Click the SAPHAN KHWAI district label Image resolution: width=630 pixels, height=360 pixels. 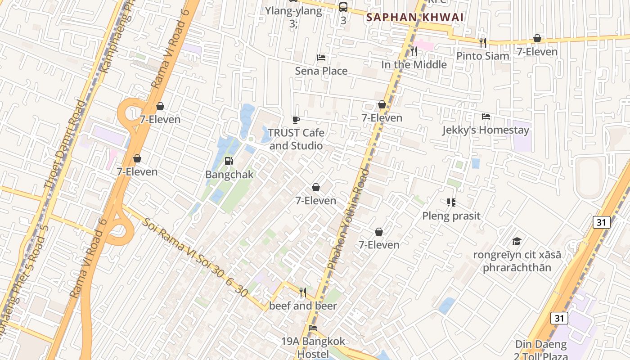(414, 18)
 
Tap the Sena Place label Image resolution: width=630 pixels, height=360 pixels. (321, 71)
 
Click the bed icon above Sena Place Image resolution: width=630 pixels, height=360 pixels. (321, 58)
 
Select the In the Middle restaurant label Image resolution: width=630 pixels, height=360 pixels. (414, 64)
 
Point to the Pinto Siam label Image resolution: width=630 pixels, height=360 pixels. (483, 56)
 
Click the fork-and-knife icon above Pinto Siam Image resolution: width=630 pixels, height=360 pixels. (483, 43)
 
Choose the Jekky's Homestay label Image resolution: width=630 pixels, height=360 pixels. (486, 130)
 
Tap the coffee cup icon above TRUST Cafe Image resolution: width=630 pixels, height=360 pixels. (296, 120)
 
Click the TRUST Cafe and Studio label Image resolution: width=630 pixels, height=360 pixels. (296, 139)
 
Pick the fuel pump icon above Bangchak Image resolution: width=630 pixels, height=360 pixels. (229, 161)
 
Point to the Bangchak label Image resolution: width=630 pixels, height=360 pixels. (229, 175)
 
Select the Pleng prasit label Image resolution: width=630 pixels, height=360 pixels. (451, 216)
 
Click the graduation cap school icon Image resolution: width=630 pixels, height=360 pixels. (517, 242)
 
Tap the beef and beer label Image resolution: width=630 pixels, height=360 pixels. (303, 306)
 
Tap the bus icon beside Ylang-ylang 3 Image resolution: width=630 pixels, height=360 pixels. (343, 7)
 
